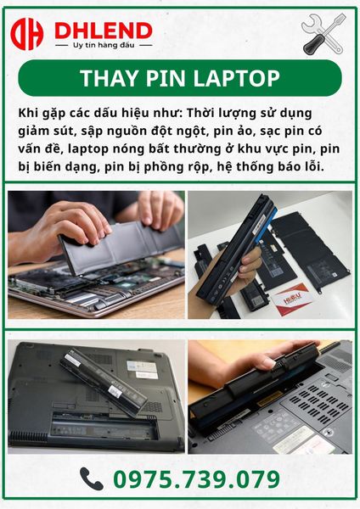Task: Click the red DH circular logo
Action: pyautogui.click(x=26, y=34)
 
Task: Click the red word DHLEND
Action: pyautogui.click(x=104, y=31)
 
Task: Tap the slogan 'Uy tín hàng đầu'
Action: pyautogui.click(x=104, y=45)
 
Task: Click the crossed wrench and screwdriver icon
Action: pyautogui.click(x=323, y=34)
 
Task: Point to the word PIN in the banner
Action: pyautogui.click(x=166, y=78)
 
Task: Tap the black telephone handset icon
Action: pyautogui.click(x=92, y=478)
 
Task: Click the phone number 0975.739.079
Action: pyautogui.click(x=197, y=479)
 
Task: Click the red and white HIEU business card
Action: pyautogui.click(x=291, y=299)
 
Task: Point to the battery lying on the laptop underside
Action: pyautogui.click(x=103, y=382)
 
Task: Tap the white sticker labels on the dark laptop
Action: pyautogui.click(x=142, y=369)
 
